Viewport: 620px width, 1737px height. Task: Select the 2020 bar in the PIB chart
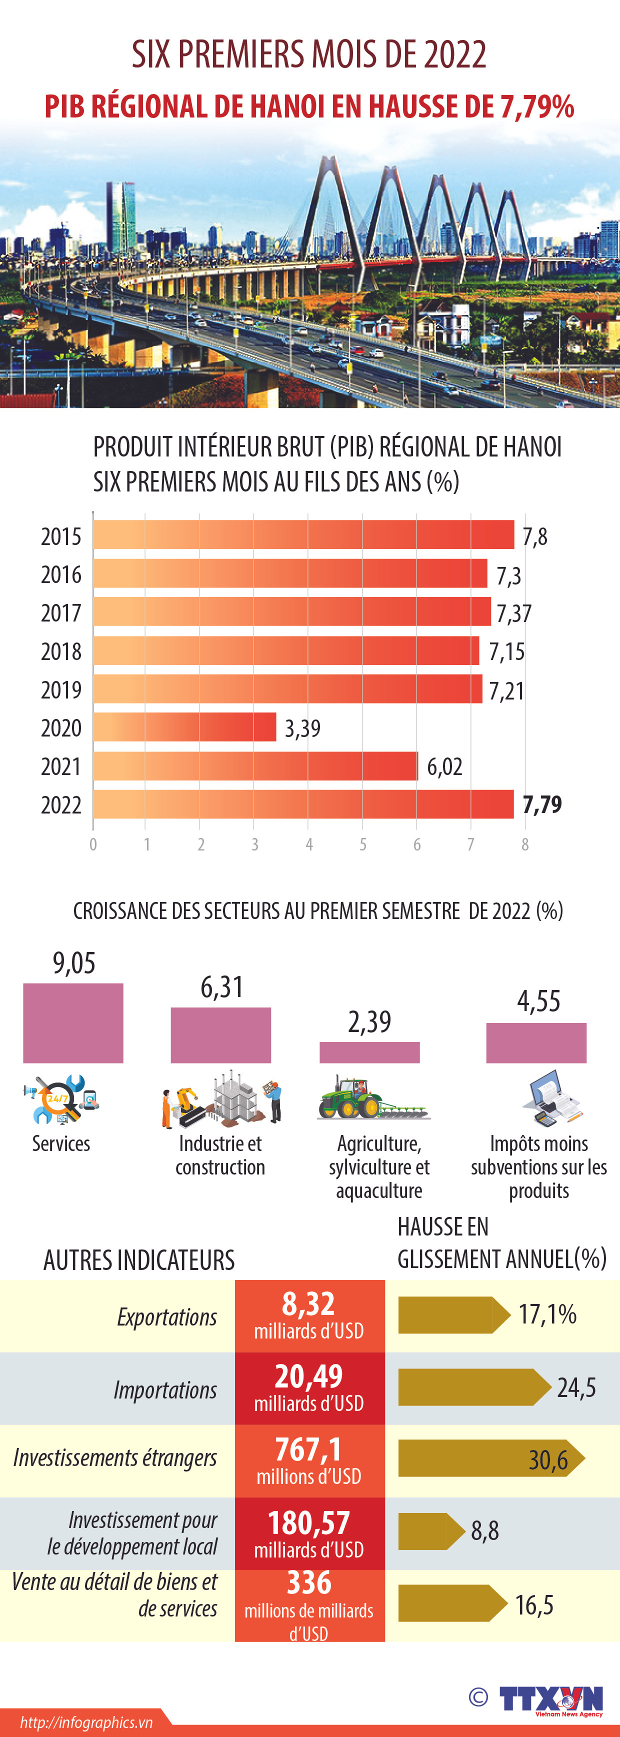[x=184, y=727]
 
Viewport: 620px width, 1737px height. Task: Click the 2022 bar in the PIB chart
[x=303, y=804]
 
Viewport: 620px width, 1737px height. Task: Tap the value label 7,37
[x=514, y=613]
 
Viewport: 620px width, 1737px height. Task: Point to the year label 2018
[x=60, y=651]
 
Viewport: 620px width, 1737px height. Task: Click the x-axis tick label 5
[x=363, y=844]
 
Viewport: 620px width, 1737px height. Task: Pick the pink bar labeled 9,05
[x=73, y=1023]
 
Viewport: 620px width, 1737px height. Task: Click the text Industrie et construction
[x=220, y=1155]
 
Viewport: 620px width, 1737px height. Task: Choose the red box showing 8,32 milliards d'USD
[x=309, y=1315]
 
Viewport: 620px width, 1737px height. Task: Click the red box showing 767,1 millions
[x=309, y=1460]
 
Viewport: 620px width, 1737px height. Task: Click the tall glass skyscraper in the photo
[x=121, y=216]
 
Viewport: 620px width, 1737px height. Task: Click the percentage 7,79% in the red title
[x=537, y=107]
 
